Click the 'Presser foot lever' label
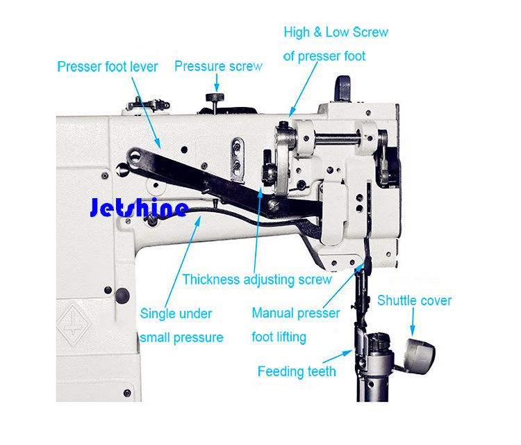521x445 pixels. tap(108, 67)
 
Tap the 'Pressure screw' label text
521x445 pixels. tap(218, 66)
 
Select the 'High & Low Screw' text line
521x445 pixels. tap(336, 32)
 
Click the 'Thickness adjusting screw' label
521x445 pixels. tap(257, 280)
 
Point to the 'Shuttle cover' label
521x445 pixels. tap(414, 300)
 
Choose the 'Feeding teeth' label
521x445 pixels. tap(297, 371)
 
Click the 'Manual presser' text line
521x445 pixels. tap(296, 313)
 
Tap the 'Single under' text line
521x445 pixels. tap(176, 314)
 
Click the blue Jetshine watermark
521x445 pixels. tap(139, 207)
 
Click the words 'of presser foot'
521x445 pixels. tap(324, 56)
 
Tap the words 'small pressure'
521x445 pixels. tap(181, 338)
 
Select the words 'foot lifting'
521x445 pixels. tap(279, 337)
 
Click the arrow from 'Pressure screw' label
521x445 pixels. tap(217, 83)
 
